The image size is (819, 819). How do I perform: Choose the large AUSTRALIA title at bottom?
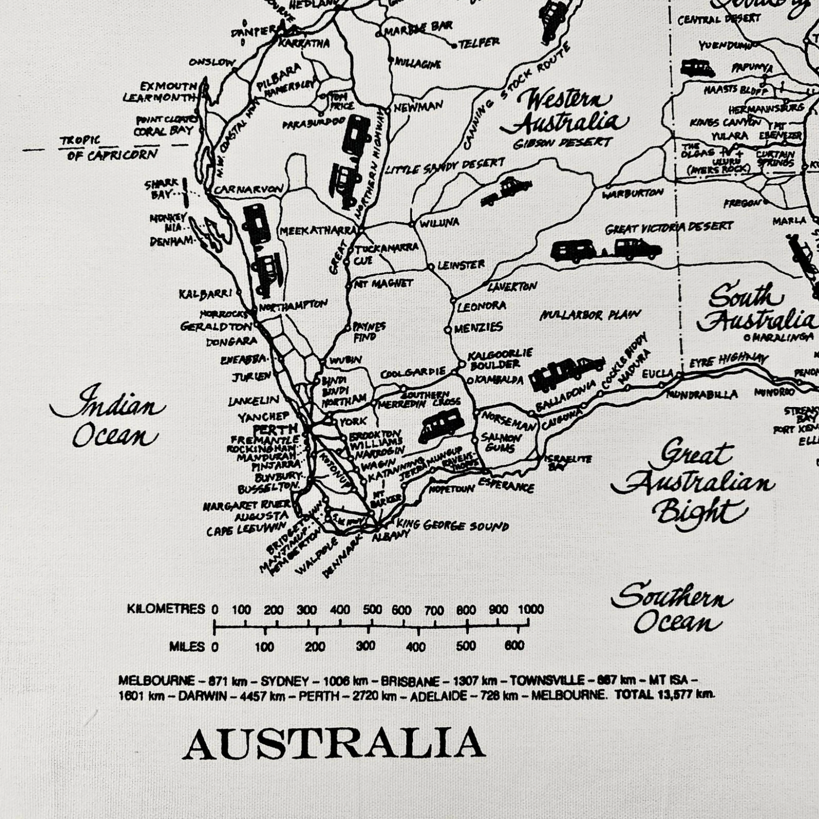pos(334,744)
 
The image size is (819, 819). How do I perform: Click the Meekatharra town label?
pos(317,231)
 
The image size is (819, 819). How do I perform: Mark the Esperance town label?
pos(506,485)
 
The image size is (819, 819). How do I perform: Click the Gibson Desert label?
pos(562,143)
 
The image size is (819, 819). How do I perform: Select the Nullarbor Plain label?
pos(590,315)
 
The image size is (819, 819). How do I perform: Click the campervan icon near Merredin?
pos(442,427)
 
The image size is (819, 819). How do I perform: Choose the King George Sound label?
pos(452,525)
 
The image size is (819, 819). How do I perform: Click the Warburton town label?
pos(633,193)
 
